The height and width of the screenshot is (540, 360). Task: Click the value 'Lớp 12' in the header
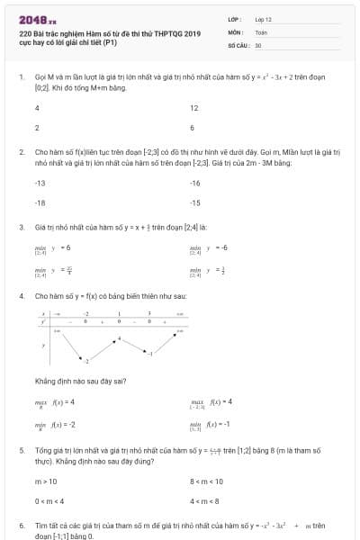tap(263, 18)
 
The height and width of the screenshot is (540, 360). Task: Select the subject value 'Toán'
tap(261, 31)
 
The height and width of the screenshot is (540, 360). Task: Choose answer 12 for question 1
tap(193, 107)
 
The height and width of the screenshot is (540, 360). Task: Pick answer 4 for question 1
tap(37, 107)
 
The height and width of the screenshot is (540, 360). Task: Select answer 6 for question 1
tap(192, 128)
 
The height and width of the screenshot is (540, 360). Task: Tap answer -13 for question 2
tap(40, 183)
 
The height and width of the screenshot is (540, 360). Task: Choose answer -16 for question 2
tap(195, 183)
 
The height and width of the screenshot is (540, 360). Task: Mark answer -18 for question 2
tap(40, 202)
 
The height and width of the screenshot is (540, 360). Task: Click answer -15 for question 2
tap(195, 202)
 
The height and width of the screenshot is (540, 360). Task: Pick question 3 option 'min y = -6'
tap(210, 247)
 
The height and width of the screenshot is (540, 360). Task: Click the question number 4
tap(21, 295)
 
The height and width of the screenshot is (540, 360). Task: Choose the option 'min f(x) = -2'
tap(55, 425)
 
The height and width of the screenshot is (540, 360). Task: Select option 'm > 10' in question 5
tap(45, 481)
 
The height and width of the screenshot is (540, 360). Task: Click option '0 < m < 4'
tap(49, 501)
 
